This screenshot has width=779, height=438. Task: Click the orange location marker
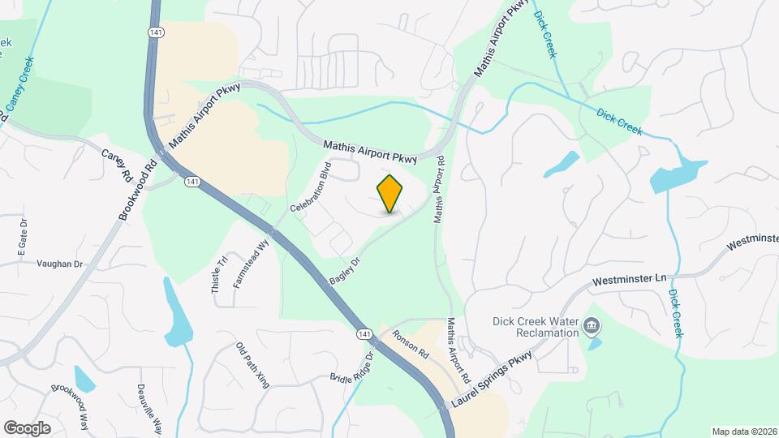click(x=390, y=194)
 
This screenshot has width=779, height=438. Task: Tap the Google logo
click(x=27, y=428)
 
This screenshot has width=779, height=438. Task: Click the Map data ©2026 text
click(x=744, y=432)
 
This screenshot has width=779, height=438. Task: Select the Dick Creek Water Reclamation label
click(x=536, y=326)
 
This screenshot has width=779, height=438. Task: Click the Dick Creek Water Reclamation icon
click(x=592, y=326)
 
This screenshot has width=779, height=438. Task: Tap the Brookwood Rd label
click(x=137, y=189)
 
